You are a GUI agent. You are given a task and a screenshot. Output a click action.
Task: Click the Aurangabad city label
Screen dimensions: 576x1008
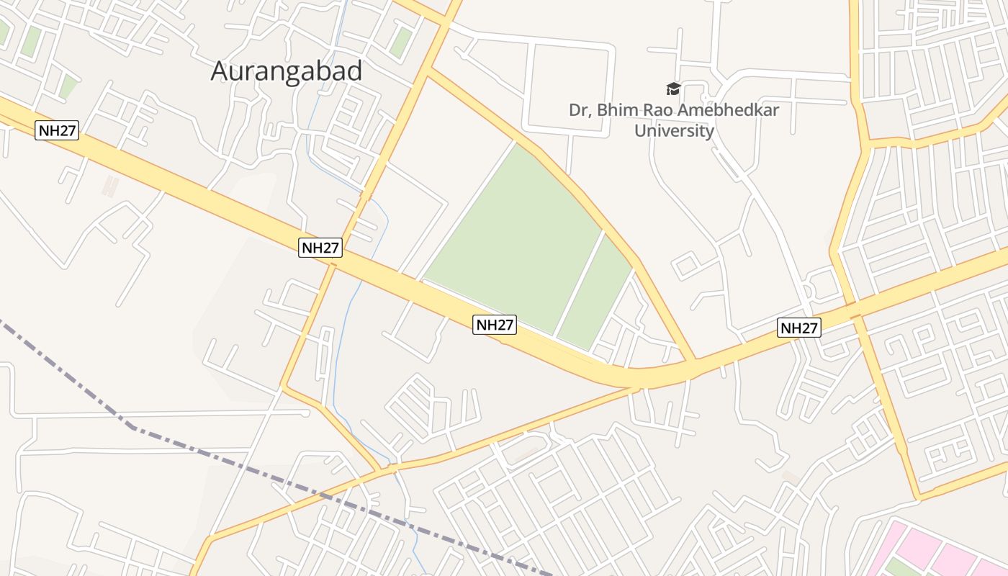286,71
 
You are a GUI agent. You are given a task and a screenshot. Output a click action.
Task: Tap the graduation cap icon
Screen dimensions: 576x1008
673,89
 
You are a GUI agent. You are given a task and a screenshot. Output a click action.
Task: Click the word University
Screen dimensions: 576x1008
674,131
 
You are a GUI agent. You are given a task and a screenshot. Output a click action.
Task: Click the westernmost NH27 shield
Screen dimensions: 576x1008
56,131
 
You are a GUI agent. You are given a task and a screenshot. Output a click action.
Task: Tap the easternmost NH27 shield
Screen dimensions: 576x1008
799,328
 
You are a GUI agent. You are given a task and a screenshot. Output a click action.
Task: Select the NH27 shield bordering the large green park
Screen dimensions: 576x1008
495,325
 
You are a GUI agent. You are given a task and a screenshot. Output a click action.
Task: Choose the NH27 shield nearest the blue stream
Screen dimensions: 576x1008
320,248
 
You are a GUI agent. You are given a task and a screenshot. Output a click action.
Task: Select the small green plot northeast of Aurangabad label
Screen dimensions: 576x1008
400,43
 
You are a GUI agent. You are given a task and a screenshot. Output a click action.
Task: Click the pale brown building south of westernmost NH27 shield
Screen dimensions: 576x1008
109,186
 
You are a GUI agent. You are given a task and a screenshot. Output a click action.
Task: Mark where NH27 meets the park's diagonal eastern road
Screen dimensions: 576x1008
695,362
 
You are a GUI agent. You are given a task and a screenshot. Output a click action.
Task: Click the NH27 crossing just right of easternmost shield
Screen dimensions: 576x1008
854,314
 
